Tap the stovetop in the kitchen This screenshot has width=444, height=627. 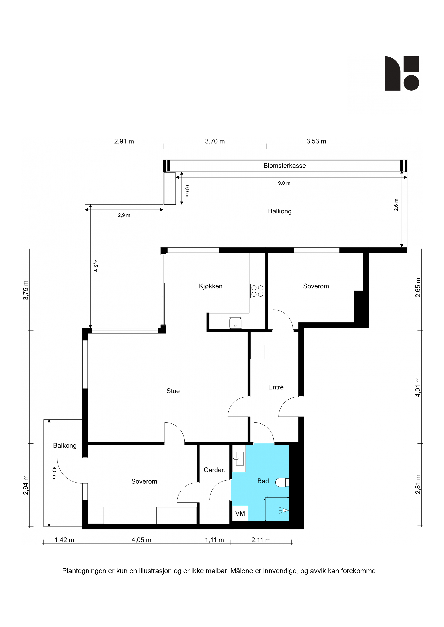tap(257, 291)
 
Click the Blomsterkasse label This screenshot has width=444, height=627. tap(284, 166)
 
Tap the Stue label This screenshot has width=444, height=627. tap(173, 391)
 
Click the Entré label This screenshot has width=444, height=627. tap(276, 387)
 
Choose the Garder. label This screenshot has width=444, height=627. tap(214, 470)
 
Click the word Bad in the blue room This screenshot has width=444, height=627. tap(263, 481)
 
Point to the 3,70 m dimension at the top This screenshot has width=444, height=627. tap(215, 141)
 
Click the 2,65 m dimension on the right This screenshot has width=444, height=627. tap(418, 288)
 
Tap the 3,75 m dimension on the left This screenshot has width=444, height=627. tap(26, 290)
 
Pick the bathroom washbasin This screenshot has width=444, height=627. tap(239, 458)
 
